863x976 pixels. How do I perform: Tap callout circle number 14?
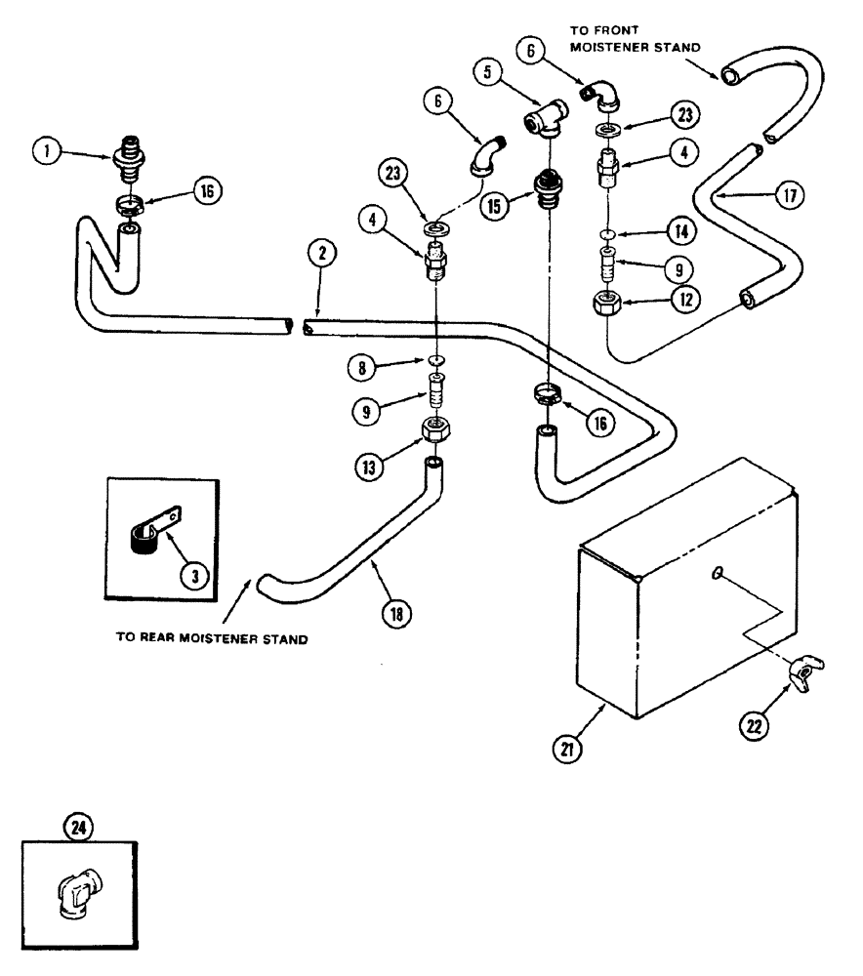tap(683, 232)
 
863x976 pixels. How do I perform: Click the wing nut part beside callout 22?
tap(806, 671)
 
